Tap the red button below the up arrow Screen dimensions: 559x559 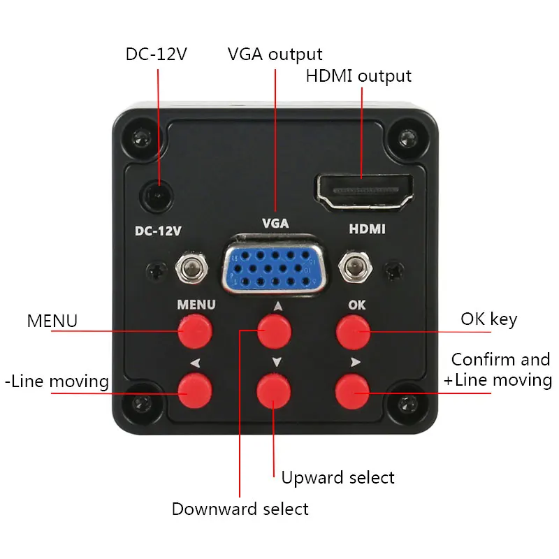pyautogui.click(x=274, y=331)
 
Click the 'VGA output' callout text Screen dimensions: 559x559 pyautogui.click(x=275, y=54)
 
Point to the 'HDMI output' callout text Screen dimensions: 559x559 pyautogui.click(x=358, y=75)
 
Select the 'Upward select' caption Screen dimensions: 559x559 pyautogui.click(x=337, y=478)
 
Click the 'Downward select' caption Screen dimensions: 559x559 pyautogui.click(x=240, y=509)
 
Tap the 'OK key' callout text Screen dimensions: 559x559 pyautogui.click(x=488, y=319)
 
